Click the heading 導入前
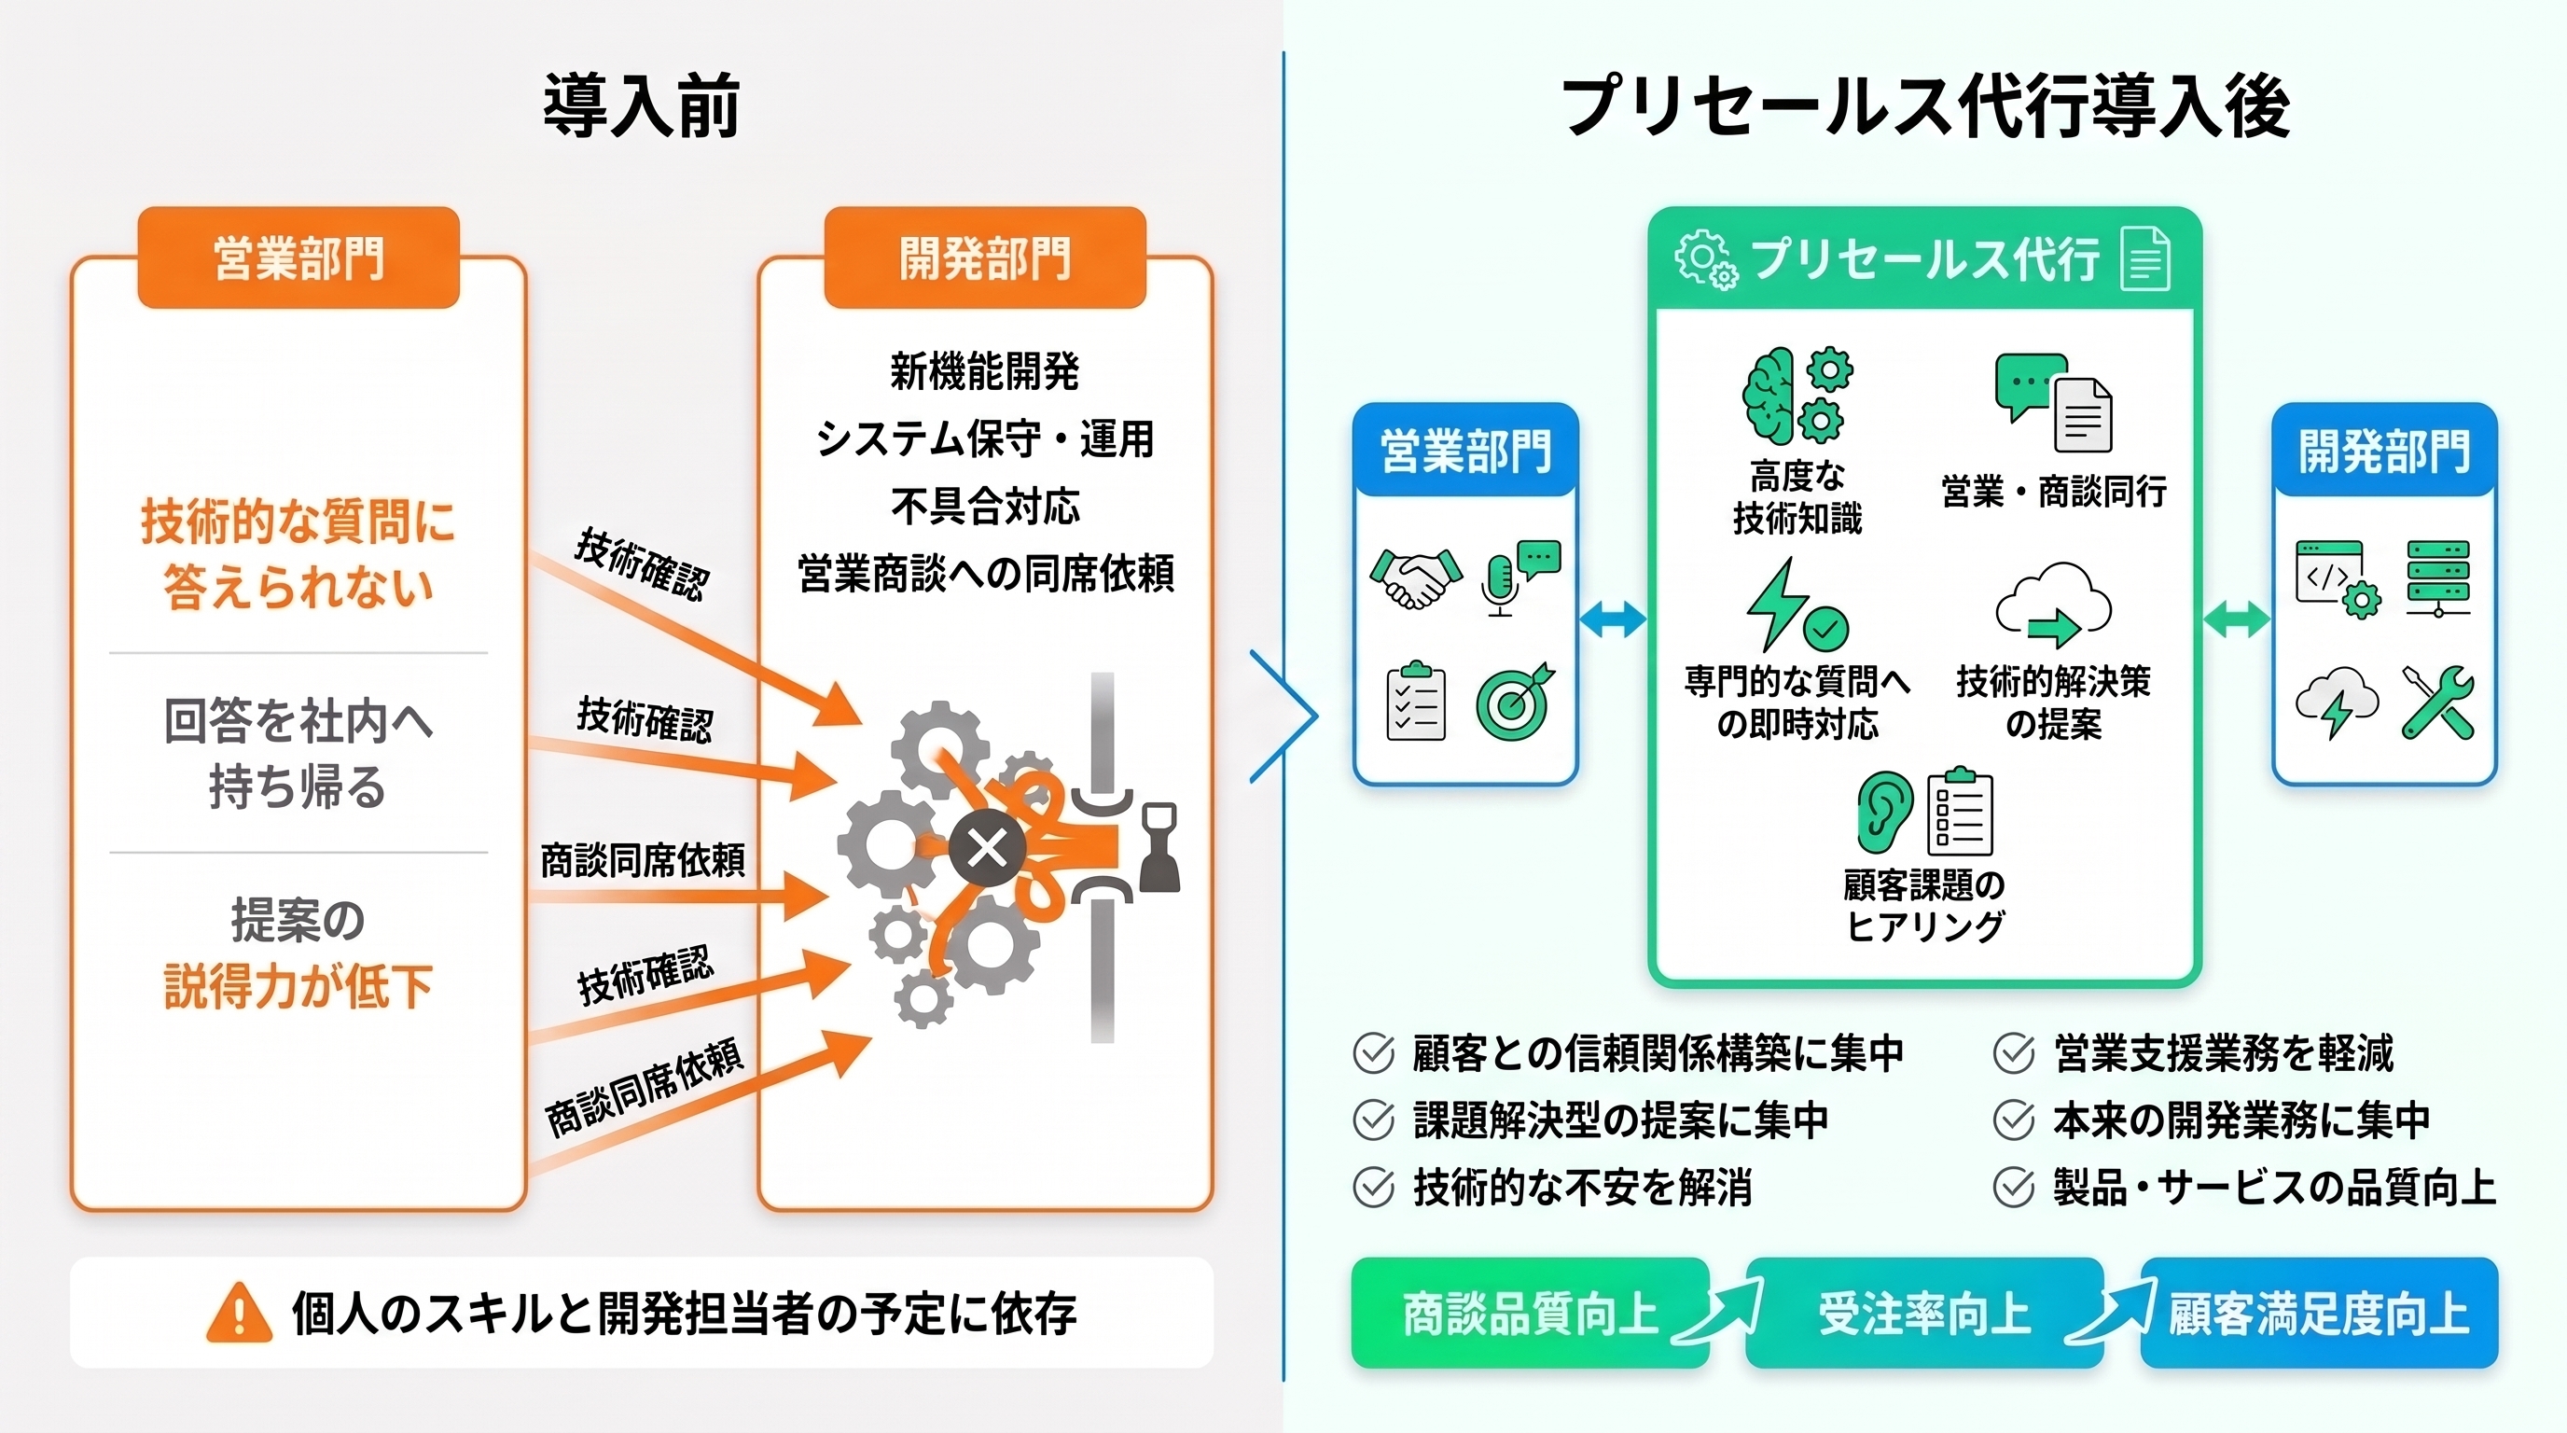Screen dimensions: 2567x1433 [641, 104]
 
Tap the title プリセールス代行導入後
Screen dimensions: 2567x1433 [1924, 104]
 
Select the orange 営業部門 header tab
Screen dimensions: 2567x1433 [298, 257]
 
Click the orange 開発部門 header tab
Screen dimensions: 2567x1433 [985, 257]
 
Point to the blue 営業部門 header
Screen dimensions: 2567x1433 [1464, 450]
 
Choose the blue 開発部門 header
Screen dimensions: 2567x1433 [2383, 450]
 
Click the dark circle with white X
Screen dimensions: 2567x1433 [987, 849]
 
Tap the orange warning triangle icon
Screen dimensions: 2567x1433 [238, 1313]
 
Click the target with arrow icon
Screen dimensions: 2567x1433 [1515, 702]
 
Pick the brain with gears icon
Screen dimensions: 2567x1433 [1797, 396]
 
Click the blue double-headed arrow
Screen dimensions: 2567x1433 [1613, 619]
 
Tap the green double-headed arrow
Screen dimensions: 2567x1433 [2236, 619]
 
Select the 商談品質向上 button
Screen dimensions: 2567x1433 [1531, 1313]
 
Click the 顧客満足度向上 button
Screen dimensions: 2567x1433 [2319, 1313]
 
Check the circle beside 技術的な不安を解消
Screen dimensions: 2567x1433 [1373, 1187]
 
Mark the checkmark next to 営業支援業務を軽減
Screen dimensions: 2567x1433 [2014, 1052]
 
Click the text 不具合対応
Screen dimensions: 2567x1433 [985, 507]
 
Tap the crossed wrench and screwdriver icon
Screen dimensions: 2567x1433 [2437, 702]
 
